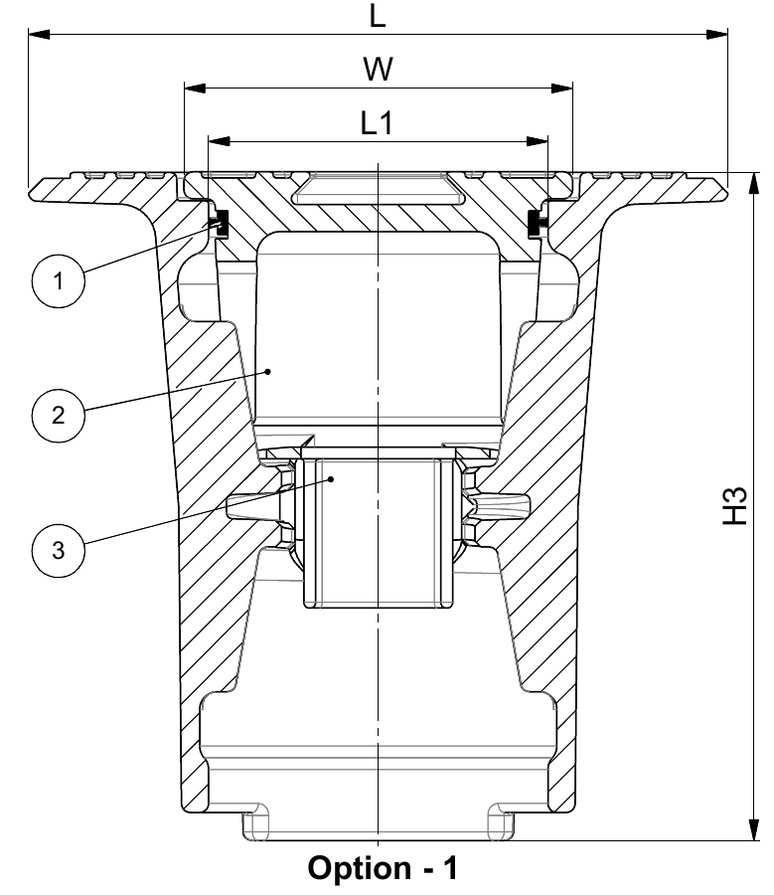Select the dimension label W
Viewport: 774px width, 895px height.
(378, 69)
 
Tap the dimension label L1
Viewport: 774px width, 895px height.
(377, 122)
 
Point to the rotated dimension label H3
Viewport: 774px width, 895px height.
(734, 505)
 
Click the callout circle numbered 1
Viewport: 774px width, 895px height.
(59, 280)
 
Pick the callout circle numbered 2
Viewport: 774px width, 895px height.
(59, 415)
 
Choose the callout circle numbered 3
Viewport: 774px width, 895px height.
(59, 550)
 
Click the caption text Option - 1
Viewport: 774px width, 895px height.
(383, 868)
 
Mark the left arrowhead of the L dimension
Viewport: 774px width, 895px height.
(39, 34)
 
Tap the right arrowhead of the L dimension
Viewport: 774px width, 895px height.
(717, 34)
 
